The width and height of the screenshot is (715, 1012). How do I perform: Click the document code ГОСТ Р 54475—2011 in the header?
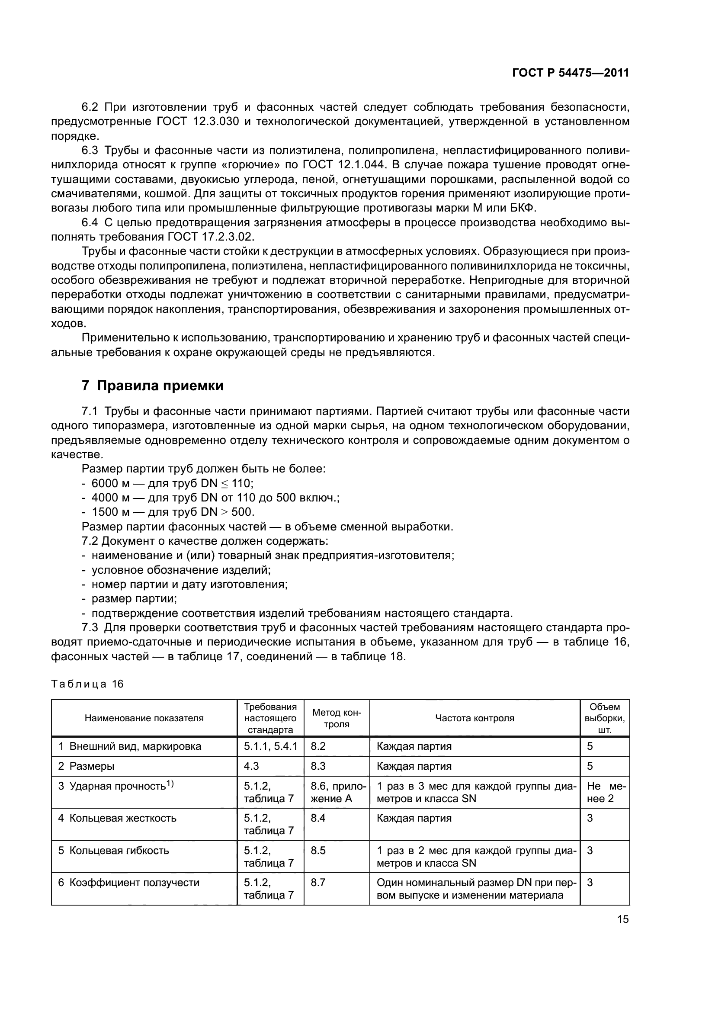click(571, 73)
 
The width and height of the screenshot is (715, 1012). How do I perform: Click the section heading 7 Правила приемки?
click(152, 386)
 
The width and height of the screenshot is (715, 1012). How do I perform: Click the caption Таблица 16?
click(87, 684)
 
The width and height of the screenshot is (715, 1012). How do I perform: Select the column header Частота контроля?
click(475, 718)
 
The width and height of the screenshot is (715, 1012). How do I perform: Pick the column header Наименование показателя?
click(144, 718)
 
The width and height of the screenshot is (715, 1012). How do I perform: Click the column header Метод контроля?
click(337, 718)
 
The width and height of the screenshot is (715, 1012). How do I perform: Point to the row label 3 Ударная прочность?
click(116, 786)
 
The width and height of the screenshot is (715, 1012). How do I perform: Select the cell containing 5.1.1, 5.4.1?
click(270, 746)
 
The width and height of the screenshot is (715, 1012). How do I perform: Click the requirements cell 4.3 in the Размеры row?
click(251, 766)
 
